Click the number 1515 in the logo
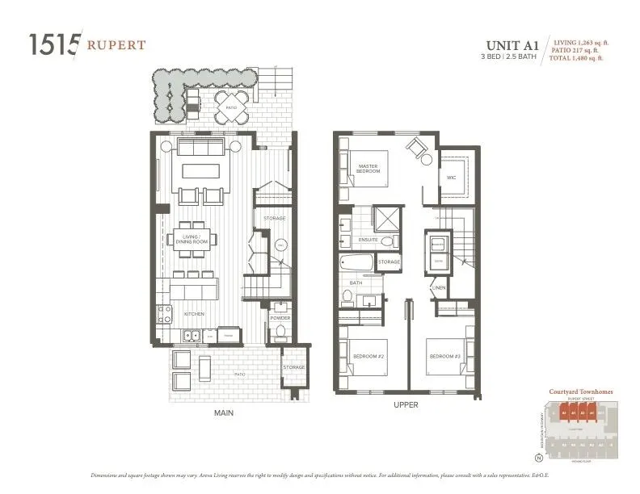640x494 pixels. [53, 44]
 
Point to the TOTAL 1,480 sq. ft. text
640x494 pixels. [581, 59]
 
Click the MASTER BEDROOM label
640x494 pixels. [368, 169]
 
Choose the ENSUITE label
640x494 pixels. [368, 240]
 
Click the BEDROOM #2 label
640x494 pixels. [366, 356]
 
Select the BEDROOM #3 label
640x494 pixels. [444, 356]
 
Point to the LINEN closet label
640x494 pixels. [440, 287]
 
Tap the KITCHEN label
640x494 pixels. [193, 313]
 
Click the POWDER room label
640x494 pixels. [280, 318]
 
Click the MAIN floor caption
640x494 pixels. [224, 412]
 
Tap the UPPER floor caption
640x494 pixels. [405, 404]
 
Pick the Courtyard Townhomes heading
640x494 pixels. [580, 391]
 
